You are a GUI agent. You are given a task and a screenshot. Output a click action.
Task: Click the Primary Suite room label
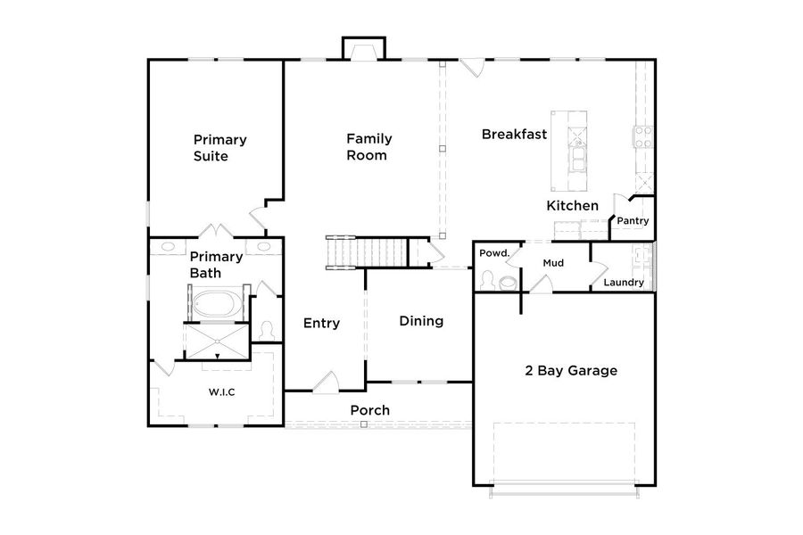[x=219, y=148]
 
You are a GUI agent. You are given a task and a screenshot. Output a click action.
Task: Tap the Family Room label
[x=368, y=147]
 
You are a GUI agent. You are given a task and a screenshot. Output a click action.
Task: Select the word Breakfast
[x=514, y=135]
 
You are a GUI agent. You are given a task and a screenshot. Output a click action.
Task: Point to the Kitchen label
[x=572, y=206]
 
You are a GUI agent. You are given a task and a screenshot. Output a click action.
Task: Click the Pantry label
[x=633, y=221]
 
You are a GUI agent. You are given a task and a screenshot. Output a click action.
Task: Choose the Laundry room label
[x=624, y=283]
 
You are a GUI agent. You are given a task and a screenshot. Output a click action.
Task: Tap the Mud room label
[x=552, y=263]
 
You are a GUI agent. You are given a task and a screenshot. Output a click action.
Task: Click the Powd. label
[x=493, y=254]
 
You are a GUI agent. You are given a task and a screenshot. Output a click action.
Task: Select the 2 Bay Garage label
[x=571, y=370]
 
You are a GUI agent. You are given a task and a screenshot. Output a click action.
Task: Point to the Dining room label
[x=421, y=321]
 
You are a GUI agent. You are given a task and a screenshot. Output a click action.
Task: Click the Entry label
[x=321, y=323]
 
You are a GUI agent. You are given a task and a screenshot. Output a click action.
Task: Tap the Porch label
[x=368, y=410]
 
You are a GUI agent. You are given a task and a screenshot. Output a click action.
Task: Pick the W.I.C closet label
[x=222, y=391]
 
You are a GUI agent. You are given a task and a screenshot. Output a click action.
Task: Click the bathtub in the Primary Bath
[x=214, y=303]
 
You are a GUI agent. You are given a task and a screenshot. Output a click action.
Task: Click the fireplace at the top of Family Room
[x=364, y=50]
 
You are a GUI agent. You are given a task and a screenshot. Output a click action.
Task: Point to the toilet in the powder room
[x=507, y=282]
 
